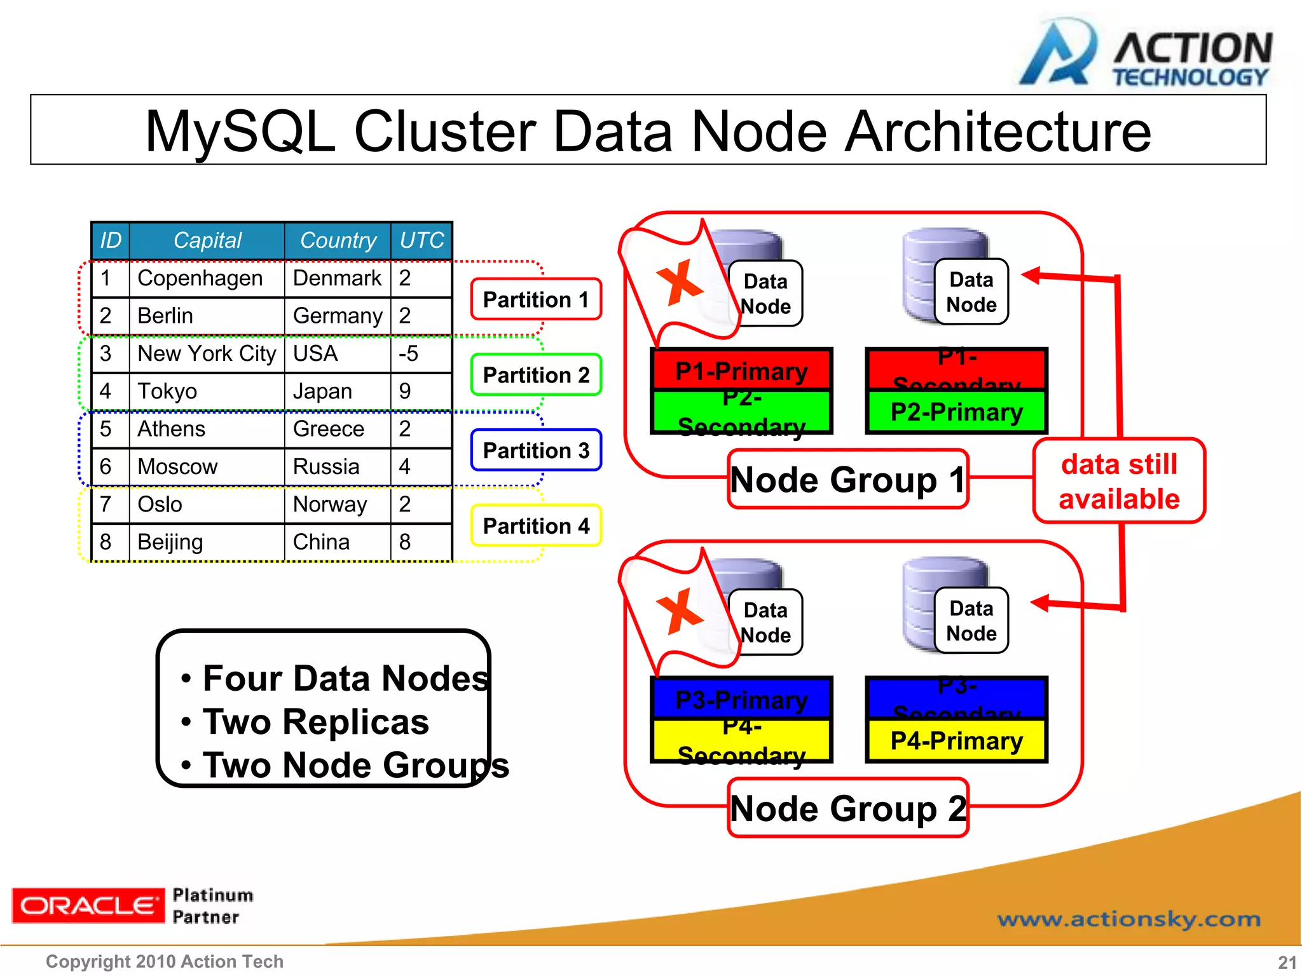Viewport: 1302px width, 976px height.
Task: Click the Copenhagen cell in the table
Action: click(200, 278)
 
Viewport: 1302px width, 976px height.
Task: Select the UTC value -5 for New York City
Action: click(409, 353)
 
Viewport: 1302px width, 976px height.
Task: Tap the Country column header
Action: click(338, 240)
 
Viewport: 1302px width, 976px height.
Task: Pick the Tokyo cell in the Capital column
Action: click(167, 391)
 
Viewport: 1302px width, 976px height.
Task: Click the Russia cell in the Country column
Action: click(326, 466)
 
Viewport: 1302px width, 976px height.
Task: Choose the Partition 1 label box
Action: click(536, 299)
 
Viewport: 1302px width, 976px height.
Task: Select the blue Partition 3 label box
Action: click(536, 451)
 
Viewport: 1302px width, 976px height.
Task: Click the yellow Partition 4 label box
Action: click(536, 526)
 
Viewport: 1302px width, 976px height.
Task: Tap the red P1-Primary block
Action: click(741, 370)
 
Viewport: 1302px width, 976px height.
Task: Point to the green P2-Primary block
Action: click(956, 412)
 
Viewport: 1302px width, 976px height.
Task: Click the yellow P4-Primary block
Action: click(956, 741)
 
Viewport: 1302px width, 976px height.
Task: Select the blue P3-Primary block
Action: click(741, 699)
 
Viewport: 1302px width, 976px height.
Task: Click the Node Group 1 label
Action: click(847, 480)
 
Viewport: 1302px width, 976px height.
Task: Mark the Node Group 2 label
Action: click(847, 808)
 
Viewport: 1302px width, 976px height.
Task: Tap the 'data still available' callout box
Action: click(1119, 481)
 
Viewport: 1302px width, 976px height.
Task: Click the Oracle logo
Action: click(87, 905)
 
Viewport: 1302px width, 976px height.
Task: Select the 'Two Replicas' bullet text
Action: click(316, 722)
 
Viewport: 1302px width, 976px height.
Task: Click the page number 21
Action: click(1287, 962)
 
